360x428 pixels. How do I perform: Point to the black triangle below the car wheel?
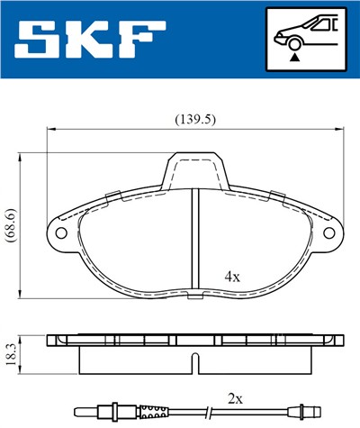tap(293, 56)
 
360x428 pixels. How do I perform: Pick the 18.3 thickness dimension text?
tap(13, 354)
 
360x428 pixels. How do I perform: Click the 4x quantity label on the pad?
tap(231, 277)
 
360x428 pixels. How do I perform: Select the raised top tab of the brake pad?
tap(195, 168)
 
